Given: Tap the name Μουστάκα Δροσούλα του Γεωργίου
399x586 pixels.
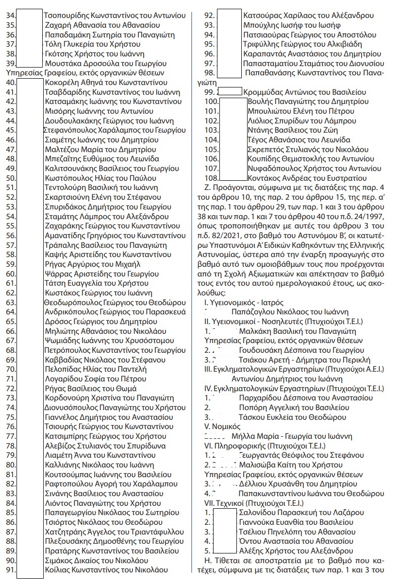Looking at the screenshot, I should [x=105, y=63].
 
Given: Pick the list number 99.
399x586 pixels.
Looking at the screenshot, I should [x=210, y=92].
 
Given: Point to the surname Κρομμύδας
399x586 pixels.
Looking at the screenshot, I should [x=262, y=92].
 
